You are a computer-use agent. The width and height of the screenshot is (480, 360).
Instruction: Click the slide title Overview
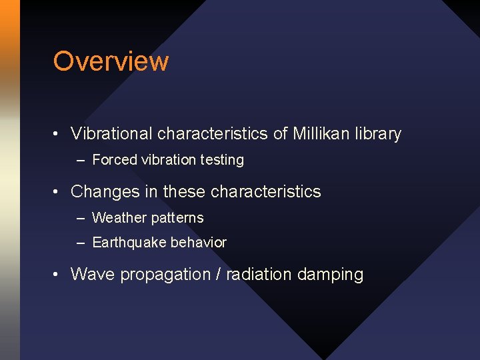click(x=111, y=61)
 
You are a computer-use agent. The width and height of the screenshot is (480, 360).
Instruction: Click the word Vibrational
click(x=111, y=134)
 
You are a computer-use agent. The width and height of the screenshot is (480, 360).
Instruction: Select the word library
click(x=379, y=134)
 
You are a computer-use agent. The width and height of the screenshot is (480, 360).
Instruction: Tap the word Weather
click(x=117, y=218)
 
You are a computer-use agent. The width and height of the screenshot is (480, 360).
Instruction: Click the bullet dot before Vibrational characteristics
click(x=58, y=135)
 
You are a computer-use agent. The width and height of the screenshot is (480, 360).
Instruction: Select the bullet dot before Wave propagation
click(x=58, y=275)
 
